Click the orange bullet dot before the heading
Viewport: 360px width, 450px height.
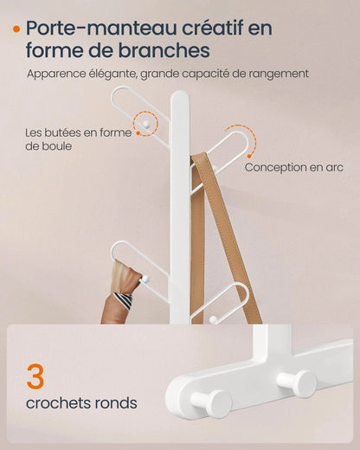point(16,28)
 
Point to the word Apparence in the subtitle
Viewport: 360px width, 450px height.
point(59,74)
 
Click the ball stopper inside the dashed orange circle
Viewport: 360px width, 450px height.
point(149,125)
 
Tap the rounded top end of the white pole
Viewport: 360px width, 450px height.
point(179,98)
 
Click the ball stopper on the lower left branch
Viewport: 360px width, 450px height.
point(145,279)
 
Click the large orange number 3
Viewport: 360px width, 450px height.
point(35,377)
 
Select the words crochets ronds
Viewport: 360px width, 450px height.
point(81,403)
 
